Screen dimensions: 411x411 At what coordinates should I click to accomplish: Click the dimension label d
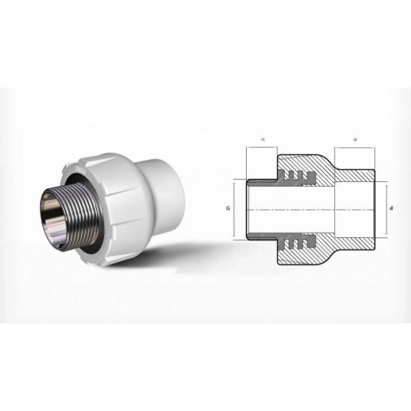[392, 208]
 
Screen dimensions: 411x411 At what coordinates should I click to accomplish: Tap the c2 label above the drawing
[355, 139]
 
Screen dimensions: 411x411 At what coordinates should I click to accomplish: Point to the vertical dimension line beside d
[386, 208]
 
